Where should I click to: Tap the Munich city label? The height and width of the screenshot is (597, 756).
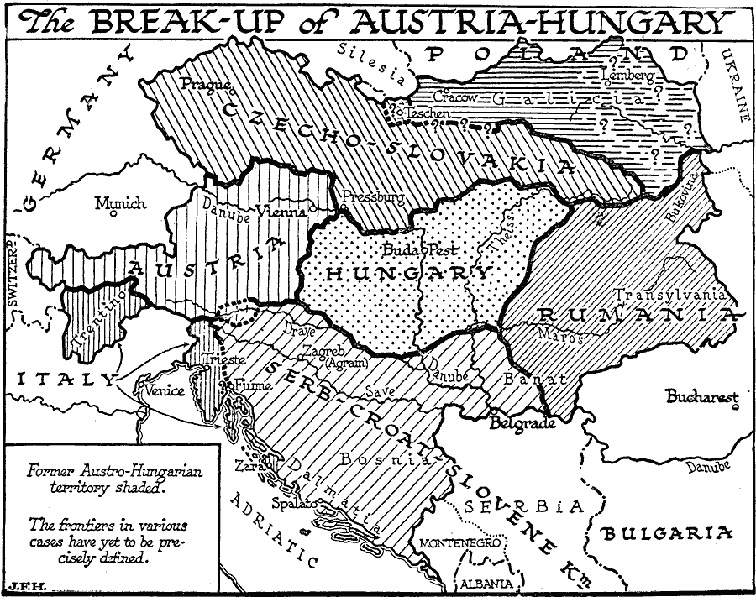tap(120, 203)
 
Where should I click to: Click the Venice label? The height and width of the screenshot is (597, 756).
tap(164, 390)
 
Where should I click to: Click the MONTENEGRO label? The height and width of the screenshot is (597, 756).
tap(465, 542)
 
